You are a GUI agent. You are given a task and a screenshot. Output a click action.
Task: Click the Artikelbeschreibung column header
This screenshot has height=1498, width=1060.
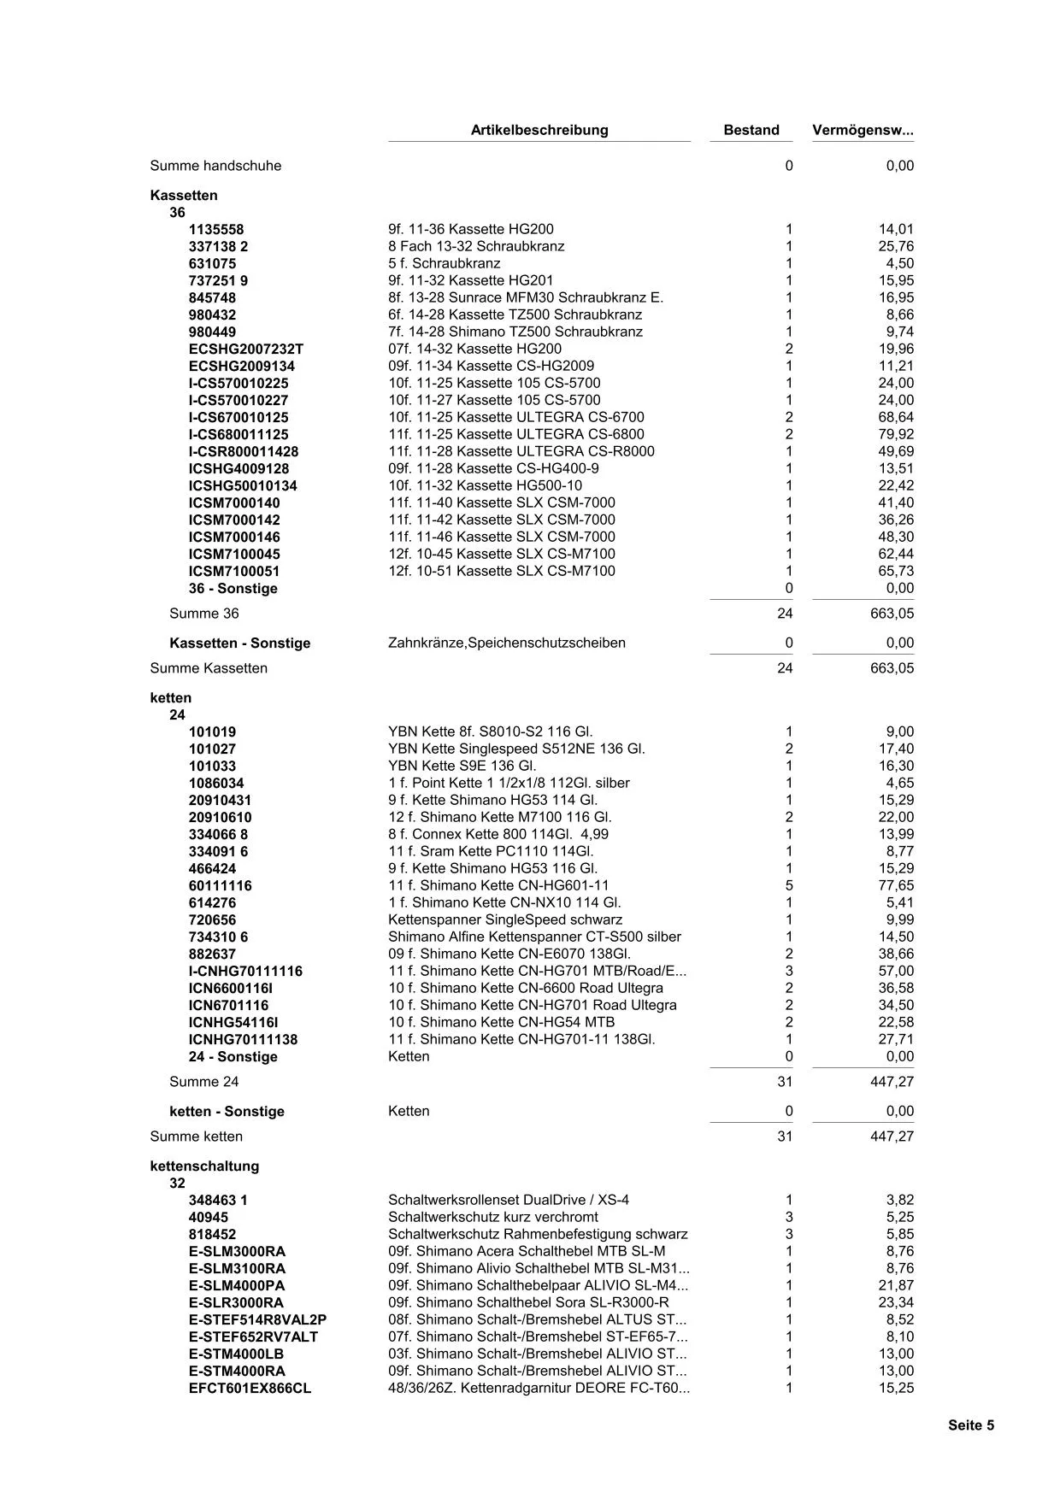point(539,130)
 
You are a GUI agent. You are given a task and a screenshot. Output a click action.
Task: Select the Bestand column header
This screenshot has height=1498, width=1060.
point(751,130)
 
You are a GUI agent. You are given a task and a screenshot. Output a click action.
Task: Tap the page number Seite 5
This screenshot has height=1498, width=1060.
point(970,1425)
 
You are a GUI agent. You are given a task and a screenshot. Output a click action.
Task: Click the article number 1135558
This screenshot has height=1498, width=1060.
point(216,229)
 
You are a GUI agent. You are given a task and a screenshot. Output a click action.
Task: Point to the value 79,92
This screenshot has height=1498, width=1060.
point(895,434)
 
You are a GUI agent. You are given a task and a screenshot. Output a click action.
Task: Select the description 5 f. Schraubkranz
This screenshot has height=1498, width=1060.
point(444,263)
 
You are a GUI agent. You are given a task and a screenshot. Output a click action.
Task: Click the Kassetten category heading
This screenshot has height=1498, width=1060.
point(184,195)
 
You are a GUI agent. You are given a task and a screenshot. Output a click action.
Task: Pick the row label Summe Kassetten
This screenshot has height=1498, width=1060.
point(209,667)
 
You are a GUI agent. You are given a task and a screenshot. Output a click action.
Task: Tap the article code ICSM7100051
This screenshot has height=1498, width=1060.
point(234,571)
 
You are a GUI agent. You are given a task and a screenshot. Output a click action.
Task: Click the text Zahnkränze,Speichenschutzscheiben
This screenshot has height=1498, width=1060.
point(506,643)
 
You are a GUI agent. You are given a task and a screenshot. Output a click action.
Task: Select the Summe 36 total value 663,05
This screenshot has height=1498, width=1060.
point(892,613)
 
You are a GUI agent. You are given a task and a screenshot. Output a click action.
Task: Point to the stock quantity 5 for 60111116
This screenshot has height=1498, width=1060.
point(788,885)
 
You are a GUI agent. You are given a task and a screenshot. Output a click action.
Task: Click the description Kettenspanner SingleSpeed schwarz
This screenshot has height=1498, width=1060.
point(505,919)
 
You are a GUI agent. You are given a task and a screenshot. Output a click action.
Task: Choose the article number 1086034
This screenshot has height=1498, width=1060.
point(216,783)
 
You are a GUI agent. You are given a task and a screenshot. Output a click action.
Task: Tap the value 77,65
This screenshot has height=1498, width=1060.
point(895,885)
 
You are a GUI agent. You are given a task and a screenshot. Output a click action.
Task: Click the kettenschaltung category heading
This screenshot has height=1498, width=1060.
point(204,1166)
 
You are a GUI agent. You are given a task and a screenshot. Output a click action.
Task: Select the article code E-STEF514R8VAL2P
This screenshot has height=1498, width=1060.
point(257,1319)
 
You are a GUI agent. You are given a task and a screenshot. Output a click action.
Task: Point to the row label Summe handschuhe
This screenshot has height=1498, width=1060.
point(215,165)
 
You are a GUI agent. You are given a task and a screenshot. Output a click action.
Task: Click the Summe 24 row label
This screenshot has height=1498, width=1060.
point(204,1081)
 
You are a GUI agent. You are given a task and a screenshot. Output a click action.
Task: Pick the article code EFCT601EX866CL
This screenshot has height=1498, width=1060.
point(250,1388)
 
